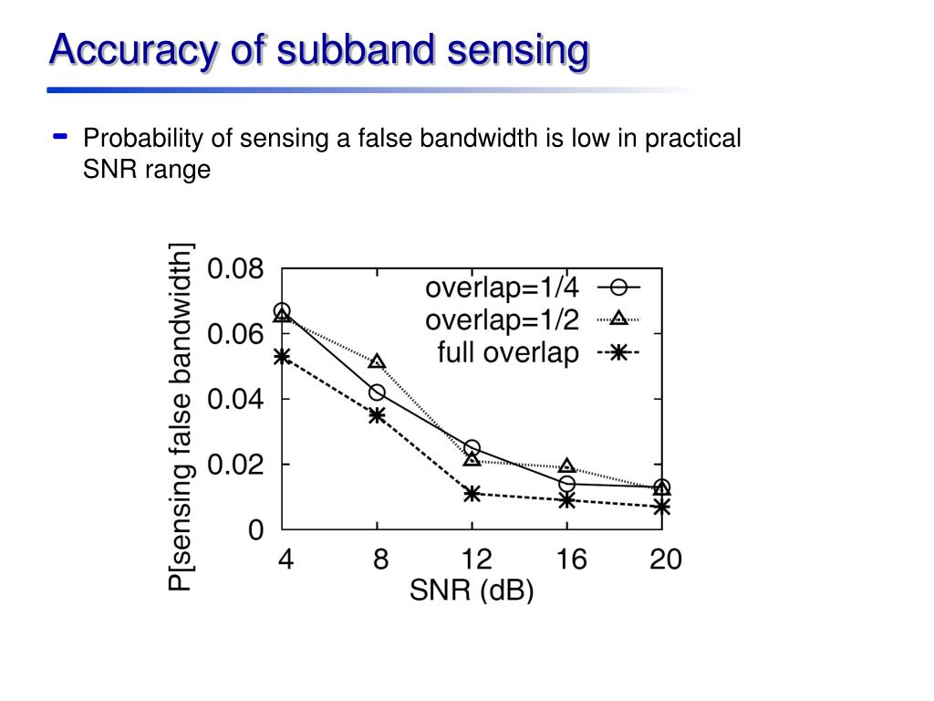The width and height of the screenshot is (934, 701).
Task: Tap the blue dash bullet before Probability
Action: (x=61, y=137)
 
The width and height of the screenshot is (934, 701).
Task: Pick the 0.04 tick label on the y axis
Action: (x=236, y=399)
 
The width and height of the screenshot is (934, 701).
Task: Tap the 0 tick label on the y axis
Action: (x=256, y=529)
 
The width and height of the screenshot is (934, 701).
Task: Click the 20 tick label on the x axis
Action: (x=665, y=560)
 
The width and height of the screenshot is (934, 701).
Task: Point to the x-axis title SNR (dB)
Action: (x=472, y=591)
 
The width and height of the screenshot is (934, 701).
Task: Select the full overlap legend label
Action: (x=508, y=352)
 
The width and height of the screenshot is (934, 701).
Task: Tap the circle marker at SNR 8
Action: (x=377, y=392)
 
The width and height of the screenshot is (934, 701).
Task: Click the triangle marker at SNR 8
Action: (x=377, y=361)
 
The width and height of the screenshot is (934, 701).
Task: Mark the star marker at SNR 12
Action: (x=472, y=494)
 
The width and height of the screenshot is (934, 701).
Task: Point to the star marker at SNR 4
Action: (x=282, y=356)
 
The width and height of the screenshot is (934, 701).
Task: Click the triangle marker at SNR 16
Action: (x=566, y=466)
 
